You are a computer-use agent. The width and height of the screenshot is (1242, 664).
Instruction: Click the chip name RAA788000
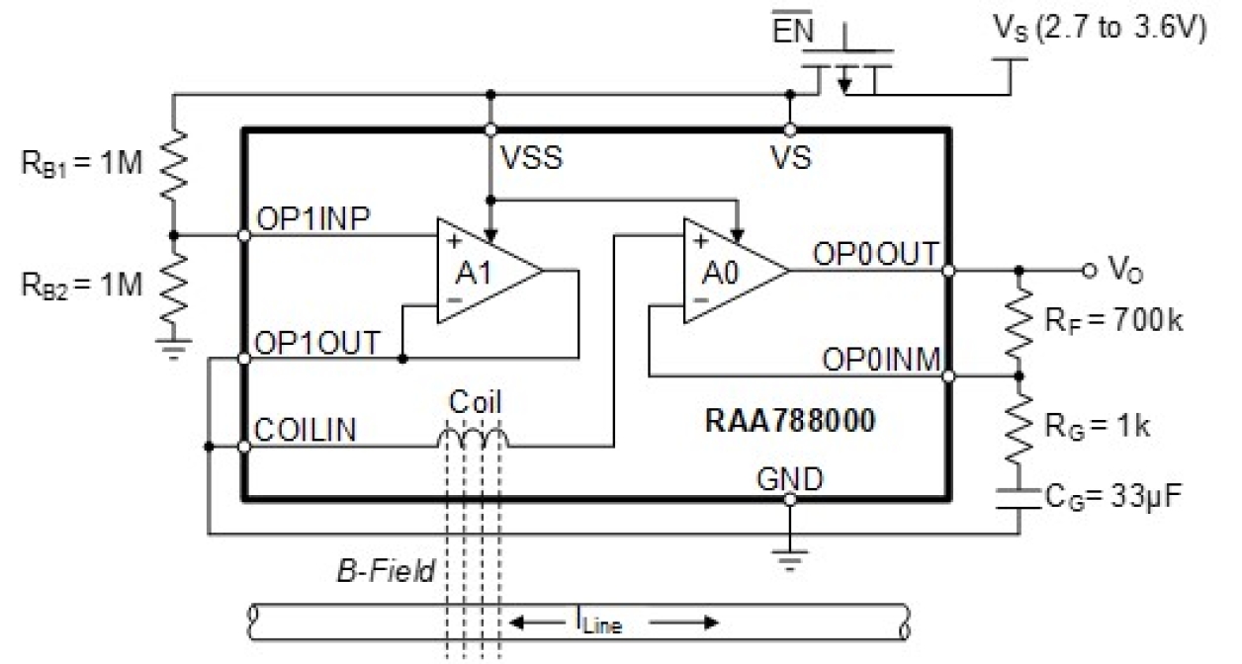coord(790,422)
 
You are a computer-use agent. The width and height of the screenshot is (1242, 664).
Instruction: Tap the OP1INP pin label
coord(313,218)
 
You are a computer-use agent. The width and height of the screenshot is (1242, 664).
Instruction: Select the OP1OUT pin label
coord(316,343)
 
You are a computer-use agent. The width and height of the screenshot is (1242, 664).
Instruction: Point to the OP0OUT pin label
coord(875,253)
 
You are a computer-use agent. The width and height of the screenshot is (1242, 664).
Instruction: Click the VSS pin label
coord(532,158)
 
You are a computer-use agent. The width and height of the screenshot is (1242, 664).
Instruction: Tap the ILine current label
coord(597,622)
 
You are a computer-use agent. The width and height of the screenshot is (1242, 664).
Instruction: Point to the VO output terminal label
coord(1120,270)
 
